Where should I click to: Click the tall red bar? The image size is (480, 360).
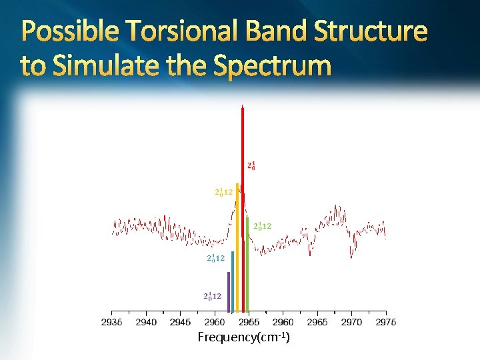point(243,208)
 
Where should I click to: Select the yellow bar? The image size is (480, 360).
point(237,247)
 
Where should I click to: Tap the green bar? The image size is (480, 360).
point(247,265)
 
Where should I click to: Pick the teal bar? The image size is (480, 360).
point(233,281)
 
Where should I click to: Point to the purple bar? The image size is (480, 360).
point(229,292)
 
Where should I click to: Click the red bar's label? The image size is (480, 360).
point(251,166)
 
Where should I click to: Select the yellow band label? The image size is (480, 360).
point(223,192)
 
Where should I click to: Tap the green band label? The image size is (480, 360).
point(263,226)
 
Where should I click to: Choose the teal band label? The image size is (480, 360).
point(215,259)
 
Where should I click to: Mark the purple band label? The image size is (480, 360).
point(213,296)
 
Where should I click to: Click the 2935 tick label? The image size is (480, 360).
point(112,322)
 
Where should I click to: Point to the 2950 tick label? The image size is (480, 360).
point(215,322)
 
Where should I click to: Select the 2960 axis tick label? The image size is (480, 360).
point(283,322)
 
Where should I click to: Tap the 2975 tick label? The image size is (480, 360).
point(386,322)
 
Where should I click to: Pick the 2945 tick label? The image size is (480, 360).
point(180,322)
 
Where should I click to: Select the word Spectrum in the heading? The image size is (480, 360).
point(272,65)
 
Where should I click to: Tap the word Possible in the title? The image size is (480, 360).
point(70,30)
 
